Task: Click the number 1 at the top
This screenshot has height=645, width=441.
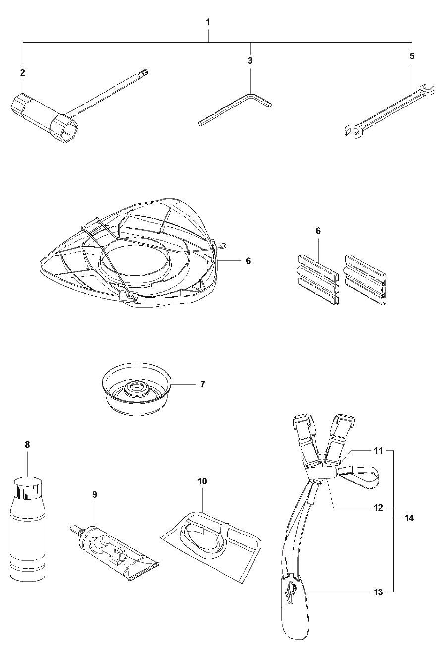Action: coord(208,22)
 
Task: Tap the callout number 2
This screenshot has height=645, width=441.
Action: coord(22,72)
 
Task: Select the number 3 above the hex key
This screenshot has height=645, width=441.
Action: coord(250,60)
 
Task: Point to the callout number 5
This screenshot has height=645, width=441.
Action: coord(412,55)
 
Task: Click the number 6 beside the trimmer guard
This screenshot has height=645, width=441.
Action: coord(248,260)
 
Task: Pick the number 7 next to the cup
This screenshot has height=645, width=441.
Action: coord(203,384)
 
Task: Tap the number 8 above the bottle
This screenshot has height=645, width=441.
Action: coord(27,445)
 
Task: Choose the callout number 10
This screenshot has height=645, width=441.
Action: coord(202,481)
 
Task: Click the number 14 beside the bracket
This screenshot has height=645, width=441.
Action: coord(409,518)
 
